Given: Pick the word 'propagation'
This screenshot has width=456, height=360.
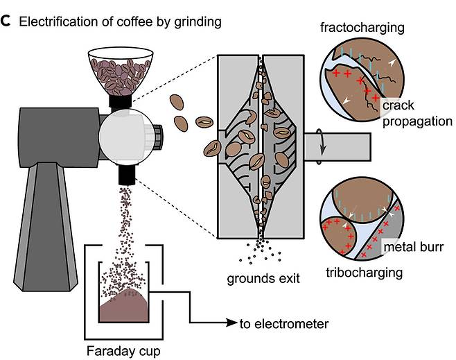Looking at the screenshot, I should pos(417,121).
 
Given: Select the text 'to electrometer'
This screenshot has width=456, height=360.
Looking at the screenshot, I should pos(284,323).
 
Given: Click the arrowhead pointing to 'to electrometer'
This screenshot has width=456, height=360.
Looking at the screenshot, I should pos(232,323).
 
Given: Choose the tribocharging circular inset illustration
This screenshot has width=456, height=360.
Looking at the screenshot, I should pos(360,222).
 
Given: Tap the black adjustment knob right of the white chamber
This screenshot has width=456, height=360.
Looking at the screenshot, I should pos(158,132).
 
